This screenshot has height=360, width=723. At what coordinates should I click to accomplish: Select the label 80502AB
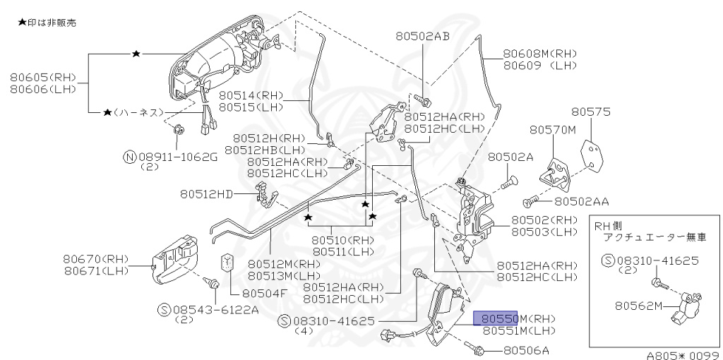point(422,35)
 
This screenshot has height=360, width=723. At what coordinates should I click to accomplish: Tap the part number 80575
point(591,112)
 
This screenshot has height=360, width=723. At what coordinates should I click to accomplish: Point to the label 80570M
point(553,129)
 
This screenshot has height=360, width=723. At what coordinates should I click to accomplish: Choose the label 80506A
point(526,349)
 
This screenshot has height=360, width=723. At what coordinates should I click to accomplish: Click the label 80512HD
point(205,193)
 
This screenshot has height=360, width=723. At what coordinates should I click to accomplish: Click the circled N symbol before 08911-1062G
point(129,157)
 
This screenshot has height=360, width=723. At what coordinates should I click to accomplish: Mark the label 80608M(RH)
point(541,53)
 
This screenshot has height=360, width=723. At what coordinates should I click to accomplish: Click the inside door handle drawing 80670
point(177,258)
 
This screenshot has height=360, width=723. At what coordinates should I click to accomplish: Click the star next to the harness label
point(107,112)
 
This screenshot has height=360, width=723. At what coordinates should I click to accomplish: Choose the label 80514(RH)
point(251,95)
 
